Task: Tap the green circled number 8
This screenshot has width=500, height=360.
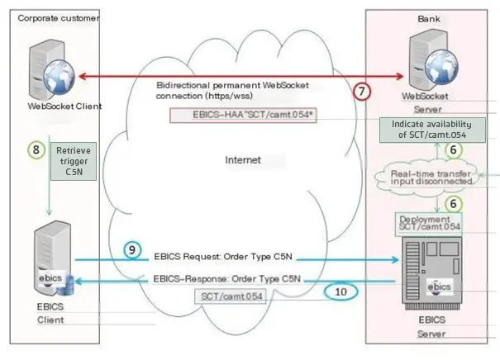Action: [x=36, y=149]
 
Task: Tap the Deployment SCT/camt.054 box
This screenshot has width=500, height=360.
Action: [x=427, y=221]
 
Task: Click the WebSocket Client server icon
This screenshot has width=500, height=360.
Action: [x=43, y=70]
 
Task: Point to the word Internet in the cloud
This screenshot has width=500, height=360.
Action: [x=243, y=159]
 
